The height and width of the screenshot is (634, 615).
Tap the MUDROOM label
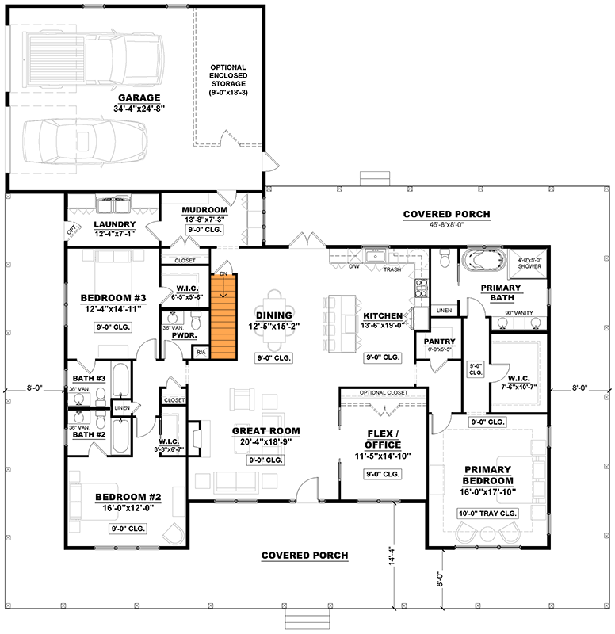point(205,210)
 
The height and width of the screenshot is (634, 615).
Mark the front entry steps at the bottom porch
point(300,618)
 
